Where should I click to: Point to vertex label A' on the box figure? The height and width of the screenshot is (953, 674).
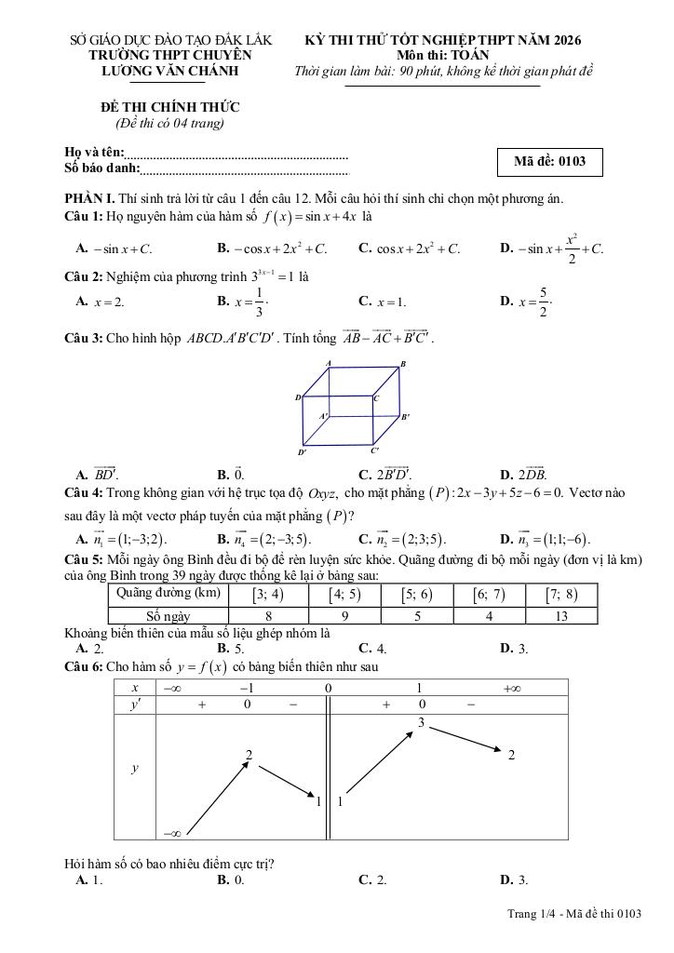point(323,415)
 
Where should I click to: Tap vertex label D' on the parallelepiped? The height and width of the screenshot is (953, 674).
point(303,453)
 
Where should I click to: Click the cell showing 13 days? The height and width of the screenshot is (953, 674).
point(560,615)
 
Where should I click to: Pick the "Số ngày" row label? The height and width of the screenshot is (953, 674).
point(168,615)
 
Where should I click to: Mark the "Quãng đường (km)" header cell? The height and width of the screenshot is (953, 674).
point(168,594)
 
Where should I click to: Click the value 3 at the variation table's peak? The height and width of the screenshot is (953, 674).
point(421,722)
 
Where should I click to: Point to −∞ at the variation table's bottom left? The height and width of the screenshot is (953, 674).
point(172,833)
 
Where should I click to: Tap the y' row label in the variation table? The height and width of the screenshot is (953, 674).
point(135,705)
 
